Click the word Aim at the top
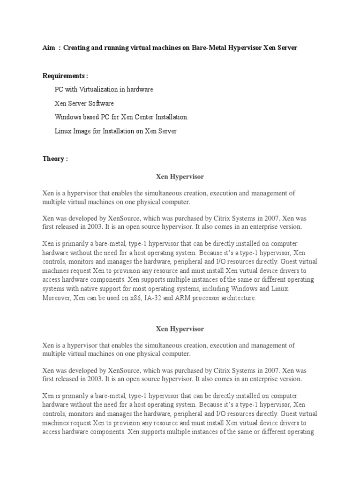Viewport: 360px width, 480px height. (48, 48)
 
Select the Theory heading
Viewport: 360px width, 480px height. (55, 159)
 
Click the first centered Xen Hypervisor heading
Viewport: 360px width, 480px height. (180, 177)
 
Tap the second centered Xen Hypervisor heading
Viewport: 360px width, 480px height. (180, 329)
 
